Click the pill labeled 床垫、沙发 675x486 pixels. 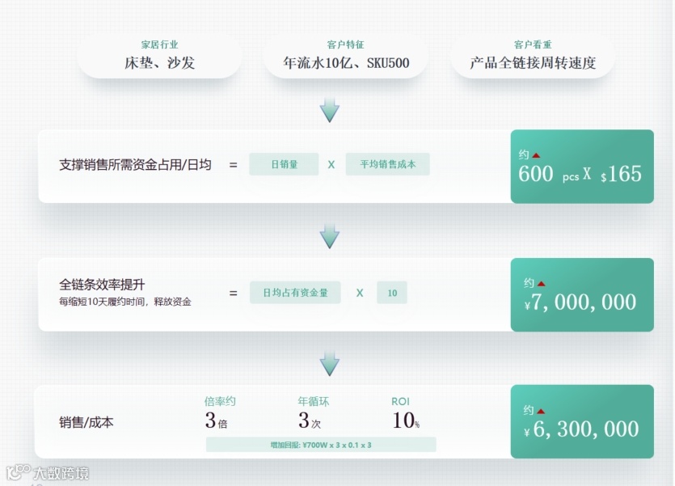[160, 63]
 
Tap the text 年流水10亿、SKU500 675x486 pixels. [346, 63]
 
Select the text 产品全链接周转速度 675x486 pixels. [533, 63]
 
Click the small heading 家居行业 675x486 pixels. [160, 45]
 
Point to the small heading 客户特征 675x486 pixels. [346, 45]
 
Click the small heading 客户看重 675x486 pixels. [533, 45]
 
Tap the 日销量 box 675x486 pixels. [284, 164]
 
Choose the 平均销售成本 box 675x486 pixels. [387, 164]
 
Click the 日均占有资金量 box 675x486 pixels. [295, 293]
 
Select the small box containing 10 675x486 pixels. [392, 293]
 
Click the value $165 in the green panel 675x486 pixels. [621, 174]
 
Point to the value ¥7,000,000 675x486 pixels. [580, 302]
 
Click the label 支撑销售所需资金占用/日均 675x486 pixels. [135, 165]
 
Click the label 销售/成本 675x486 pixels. [86, 421]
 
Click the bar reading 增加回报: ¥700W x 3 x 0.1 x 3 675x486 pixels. [321, 445]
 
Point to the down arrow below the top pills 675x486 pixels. [329, 110]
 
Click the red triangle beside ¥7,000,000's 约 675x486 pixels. [542, 284]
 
